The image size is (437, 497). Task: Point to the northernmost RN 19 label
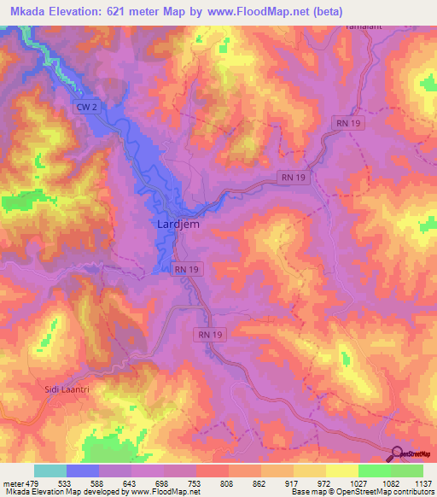(344, 124)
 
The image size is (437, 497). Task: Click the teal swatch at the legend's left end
(50, 471)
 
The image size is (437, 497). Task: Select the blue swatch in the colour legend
(83, 471)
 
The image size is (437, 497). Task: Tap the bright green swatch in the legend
(374, 471)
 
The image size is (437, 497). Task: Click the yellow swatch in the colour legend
(341, 471)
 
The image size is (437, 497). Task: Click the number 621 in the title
(136, 12)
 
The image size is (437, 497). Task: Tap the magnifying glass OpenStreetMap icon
(397, 453)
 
